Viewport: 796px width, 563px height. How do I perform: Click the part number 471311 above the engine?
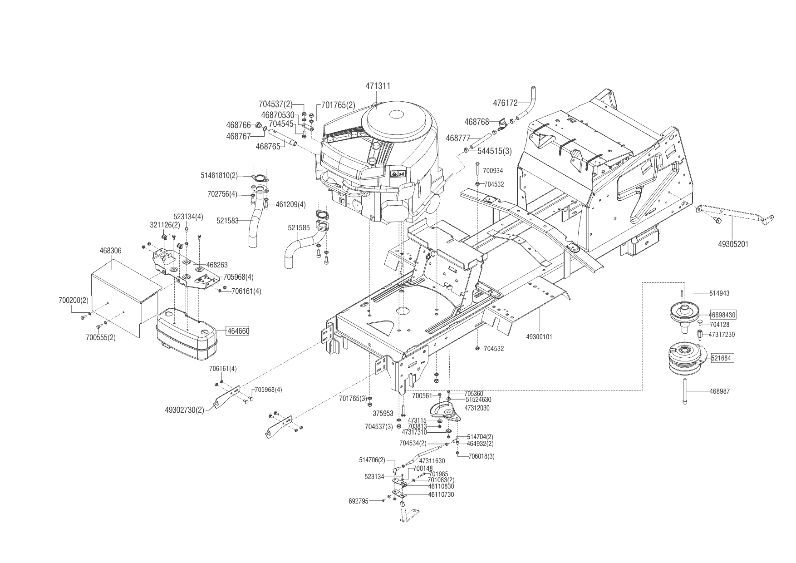378,86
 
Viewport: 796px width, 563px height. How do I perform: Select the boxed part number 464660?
238,331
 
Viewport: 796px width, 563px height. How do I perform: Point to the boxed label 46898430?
722,315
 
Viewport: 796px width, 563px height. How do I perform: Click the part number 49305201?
733,244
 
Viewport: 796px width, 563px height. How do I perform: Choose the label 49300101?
539,337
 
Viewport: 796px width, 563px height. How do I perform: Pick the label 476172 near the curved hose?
505,103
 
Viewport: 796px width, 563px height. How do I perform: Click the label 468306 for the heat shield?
110,251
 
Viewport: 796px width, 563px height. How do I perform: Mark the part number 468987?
719,391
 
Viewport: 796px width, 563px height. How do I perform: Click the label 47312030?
477,408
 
